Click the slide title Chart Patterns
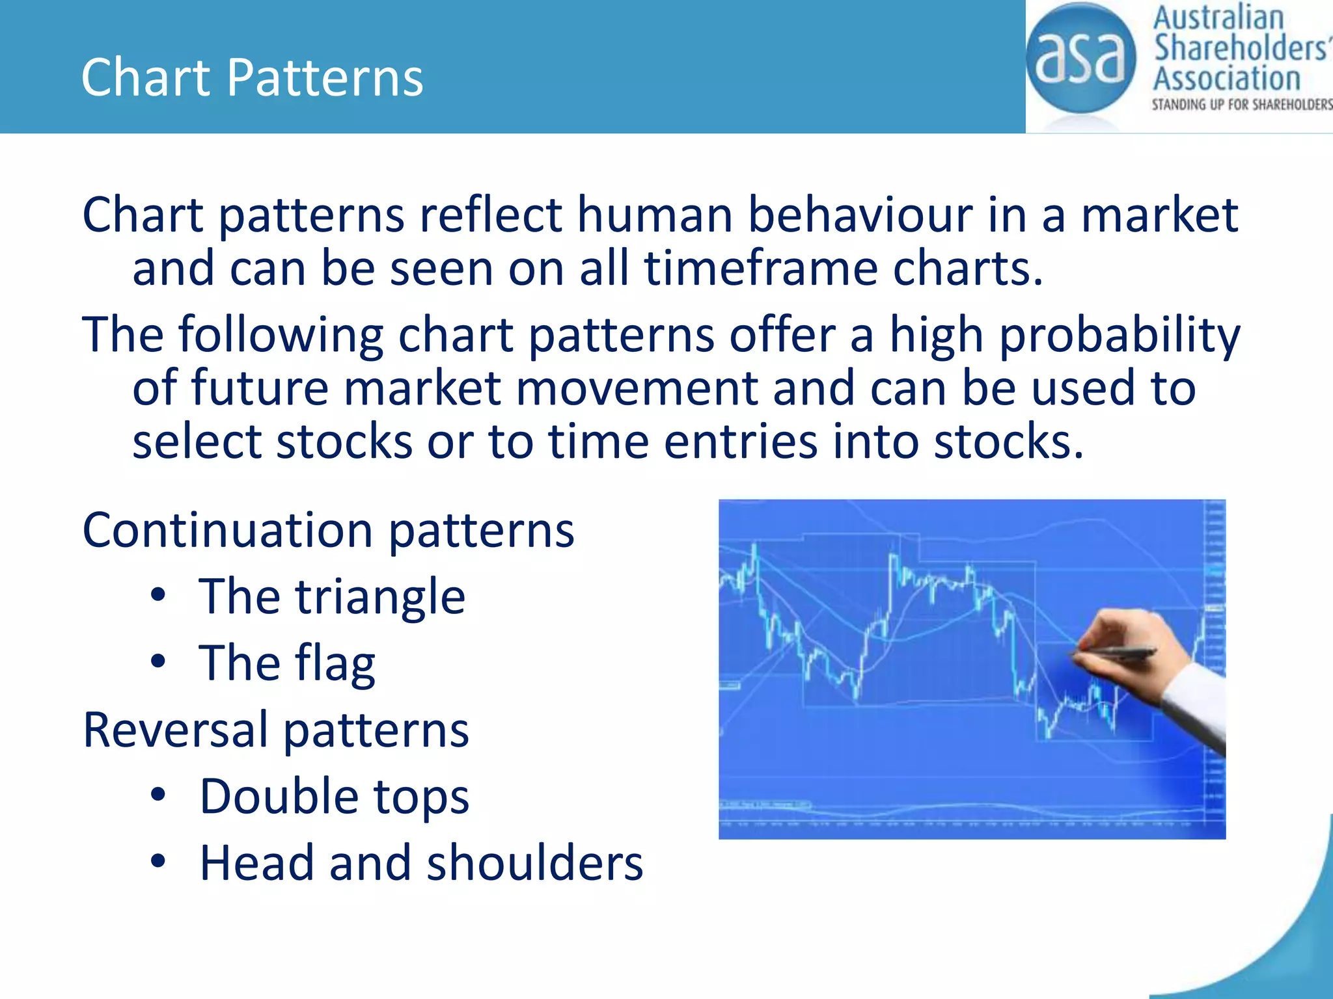pos(252,77)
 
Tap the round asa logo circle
pos(1080,59)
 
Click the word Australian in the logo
pos(1218,18)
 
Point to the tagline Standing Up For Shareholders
pos(1241,105)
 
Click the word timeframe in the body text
pos(761,269)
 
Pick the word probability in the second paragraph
pos(1119,335)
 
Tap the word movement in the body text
pos(637,388)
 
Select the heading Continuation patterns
pos(328,530)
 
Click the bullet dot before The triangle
pos(158,595)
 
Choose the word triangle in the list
pos(380,597)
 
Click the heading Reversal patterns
pos(276,730)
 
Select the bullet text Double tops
pos(334,796)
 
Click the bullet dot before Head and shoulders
pos(158,861)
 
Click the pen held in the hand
pos(1114,652)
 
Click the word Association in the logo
pos(1226,79)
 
